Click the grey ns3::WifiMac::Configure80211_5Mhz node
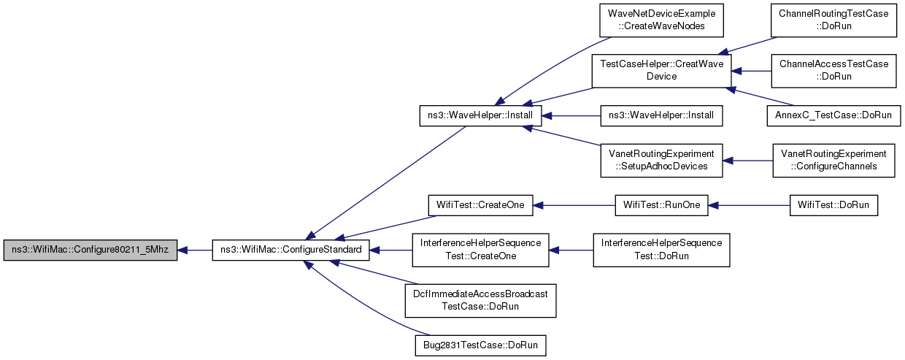click(90, 250)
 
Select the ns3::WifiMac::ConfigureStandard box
click(291, 250)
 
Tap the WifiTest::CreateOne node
click(480, 205)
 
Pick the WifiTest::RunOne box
click(661, 205)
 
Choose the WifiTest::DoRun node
click(833, 205)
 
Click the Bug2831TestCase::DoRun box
click(480, 345)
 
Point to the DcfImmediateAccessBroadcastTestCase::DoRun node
click(480, 301)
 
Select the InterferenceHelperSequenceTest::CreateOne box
click(480, 250)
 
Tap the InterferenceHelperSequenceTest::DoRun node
click(661, 250)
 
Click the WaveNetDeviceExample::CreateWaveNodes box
click(661, 20)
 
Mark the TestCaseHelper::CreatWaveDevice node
click(661, 71)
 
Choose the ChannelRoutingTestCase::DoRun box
click(833, 20)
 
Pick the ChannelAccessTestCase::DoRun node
click(833, 71)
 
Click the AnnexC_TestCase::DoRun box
click(833, 115)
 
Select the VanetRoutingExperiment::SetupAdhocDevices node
click(661, 161)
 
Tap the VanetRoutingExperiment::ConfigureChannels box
click(833, 161)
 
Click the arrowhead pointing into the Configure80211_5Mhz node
click(182, 250)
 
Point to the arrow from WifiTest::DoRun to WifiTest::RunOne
click(749, 205)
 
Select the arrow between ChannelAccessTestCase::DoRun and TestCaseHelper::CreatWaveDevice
click(751, 71)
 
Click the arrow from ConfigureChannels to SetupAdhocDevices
click(747, 161)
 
